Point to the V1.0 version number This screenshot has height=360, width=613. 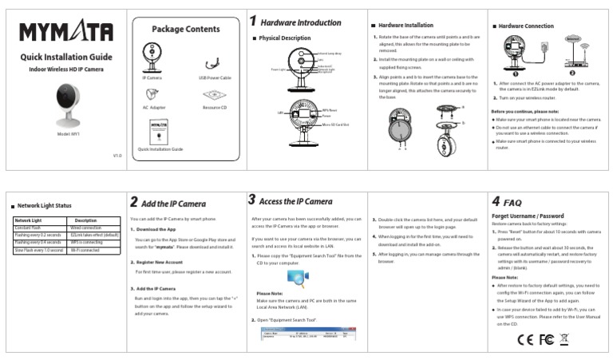tap(117, 156)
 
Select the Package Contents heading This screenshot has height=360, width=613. tap(185, 30)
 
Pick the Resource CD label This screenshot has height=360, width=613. tap(214, 106)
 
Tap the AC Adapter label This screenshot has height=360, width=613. tap(154, 106)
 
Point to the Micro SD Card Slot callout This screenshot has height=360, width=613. tap(338, 125)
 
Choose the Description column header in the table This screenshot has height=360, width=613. tap(85, 220)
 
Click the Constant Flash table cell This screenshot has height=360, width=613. tap(33, 227)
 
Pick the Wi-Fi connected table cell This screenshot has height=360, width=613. tap(84, 250)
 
